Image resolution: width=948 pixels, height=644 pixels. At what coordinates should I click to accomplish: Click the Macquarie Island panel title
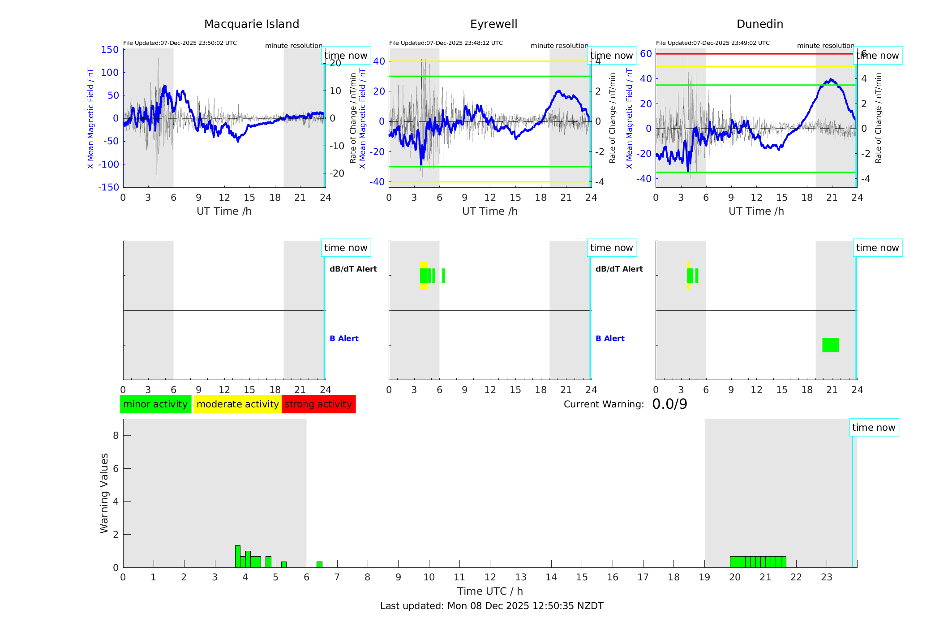[251, 24]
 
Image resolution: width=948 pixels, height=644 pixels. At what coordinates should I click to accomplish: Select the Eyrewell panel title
[493, 24]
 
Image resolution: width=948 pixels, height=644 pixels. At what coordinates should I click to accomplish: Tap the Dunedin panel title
[759, 24]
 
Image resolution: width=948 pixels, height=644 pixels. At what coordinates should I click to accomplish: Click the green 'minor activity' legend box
[155, 404]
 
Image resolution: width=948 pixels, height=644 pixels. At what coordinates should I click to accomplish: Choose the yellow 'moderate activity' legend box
[237, 404]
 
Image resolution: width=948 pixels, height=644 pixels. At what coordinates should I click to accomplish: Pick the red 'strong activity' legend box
[318, 404]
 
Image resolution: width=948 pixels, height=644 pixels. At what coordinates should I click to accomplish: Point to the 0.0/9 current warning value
[669, 404]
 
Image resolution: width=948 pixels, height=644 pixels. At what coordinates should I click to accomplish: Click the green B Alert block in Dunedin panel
[830, 345]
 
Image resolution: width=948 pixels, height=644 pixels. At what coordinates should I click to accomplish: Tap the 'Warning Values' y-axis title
[104, 493]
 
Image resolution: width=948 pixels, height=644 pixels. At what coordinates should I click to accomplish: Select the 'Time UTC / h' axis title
[490, 591]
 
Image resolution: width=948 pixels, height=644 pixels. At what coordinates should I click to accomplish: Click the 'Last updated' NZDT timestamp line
[492, 606]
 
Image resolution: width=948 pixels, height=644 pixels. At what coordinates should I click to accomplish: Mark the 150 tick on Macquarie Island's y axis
[110, 50]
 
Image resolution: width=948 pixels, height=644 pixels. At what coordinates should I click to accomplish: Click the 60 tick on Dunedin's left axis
[646, 54]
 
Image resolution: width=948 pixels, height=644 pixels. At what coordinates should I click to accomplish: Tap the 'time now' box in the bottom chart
[874, 428]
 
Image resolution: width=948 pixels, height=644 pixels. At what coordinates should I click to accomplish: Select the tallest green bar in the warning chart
[238, 556]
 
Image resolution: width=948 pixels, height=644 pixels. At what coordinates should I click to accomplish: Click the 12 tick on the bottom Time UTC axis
[490, 577]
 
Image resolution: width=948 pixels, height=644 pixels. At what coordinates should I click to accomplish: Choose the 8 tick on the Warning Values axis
[116, 435]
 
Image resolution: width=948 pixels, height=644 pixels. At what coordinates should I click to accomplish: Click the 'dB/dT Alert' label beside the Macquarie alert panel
[353, 269]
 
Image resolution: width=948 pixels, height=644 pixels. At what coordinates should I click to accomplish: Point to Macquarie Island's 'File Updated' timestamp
[180, 43]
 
